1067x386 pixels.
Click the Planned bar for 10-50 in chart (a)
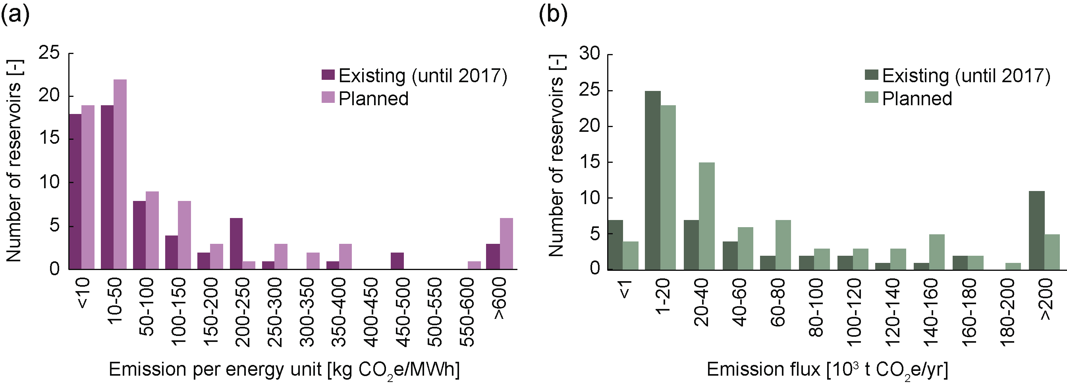click(x=120, y=174)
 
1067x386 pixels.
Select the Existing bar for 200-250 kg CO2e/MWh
click(x=236, y=243)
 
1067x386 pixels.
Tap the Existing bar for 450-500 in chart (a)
click(x=397, y=261)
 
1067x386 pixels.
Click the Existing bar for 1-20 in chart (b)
click(x=653, y=180)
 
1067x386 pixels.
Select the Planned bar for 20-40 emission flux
click(x=707, y=216)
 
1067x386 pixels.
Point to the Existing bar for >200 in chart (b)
click(x=1037, y=230)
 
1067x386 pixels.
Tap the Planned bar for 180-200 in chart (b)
click(x=1013, y=266)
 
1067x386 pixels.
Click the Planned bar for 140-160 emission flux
click(x=936, y=252)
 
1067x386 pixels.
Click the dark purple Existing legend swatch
click(x=328, y=75)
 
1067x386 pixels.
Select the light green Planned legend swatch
click(x=872, y=98)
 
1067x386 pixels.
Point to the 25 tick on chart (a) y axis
click(x=49, y=53)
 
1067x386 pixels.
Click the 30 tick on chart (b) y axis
click(x=589, y=54)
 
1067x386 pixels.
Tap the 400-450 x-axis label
click(x=371, y=311)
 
